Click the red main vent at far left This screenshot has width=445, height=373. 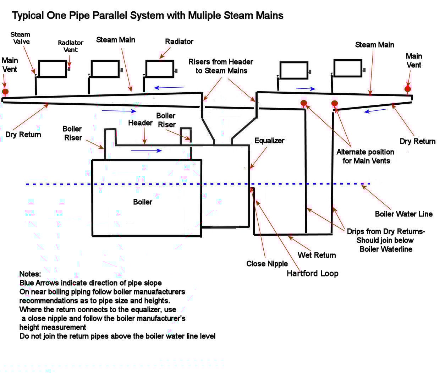tap(5, 92)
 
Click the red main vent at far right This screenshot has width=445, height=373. tap(408, 89)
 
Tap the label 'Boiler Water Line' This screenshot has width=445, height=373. tap(403, 214)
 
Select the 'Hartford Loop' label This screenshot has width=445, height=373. tap(312, 274)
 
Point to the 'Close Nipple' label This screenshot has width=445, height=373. tap(267, 264)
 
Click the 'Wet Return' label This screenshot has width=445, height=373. tap(317, 255)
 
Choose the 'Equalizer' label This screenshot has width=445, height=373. tap(269, 141)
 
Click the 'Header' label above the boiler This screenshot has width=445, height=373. tap(140, 123)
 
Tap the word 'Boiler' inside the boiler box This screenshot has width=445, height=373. tap(142, 202)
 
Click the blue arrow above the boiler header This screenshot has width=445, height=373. tap(146, 151)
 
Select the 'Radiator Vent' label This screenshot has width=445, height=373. tap(71, 46)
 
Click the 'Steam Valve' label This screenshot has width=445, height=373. tap(21, 38)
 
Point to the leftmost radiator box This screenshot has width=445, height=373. tap(52, 69)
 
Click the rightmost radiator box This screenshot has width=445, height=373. tap(347, 68)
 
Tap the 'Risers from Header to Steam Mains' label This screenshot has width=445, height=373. tap(221, 66)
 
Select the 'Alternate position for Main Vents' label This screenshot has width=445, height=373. tap(366, 156)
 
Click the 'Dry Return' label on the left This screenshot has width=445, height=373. tap(23, 135)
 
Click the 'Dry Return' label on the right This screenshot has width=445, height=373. tap(417, 141)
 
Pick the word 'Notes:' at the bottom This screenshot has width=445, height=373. tap(30, 274)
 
